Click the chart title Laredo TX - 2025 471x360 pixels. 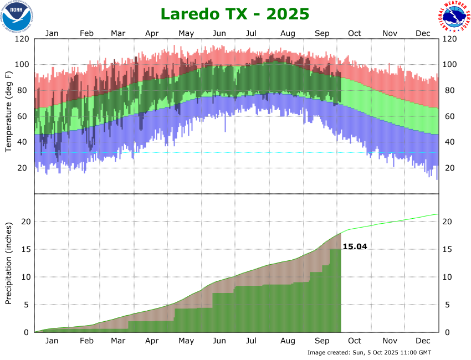235,13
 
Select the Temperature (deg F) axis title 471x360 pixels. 8,111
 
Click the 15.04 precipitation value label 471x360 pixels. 355,246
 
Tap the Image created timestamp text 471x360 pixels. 369,352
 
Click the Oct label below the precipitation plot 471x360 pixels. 355,341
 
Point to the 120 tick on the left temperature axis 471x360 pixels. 22,39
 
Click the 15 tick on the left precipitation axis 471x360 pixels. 25,249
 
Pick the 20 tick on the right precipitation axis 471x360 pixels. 448,222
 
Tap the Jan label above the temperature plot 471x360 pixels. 52,33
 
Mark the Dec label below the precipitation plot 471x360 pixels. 423,341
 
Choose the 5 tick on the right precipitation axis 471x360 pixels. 446,305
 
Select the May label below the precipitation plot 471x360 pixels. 186,341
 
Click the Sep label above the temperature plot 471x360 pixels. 322,33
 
